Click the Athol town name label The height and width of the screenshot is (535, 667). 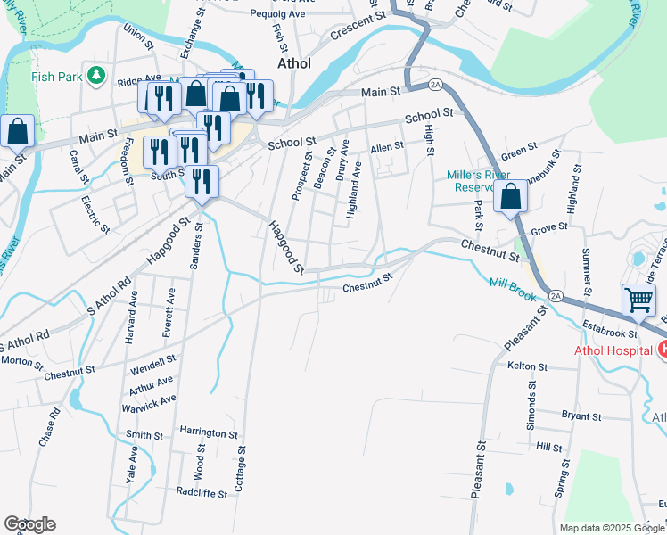tap(294, 63)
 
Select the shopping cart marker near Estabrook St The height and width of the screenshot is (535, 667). tap(639, 300)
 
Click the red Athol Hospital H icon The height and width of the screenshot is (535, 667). tap(662, 350)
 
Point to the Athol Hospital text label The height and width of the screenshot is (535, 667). tap(613, 350)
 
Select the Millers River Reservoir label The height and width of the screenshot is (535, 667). tap(482, 180)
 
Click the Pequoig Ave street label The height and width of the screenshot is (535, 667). tap(277, 14)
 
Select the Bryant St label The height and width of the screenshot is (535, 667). tap(581, 416)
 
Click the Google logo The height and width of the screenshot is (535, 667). tap(29, 524)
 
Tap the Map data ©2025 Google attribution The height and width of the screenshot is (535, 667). tap(612, 528)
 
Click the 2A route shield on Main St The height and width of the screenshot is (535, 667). tap(435, 85)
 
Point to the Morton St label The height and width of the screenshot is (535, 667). tap(21, 362)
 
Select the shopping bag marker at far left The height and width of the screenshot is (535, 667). tap(18, 131)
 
